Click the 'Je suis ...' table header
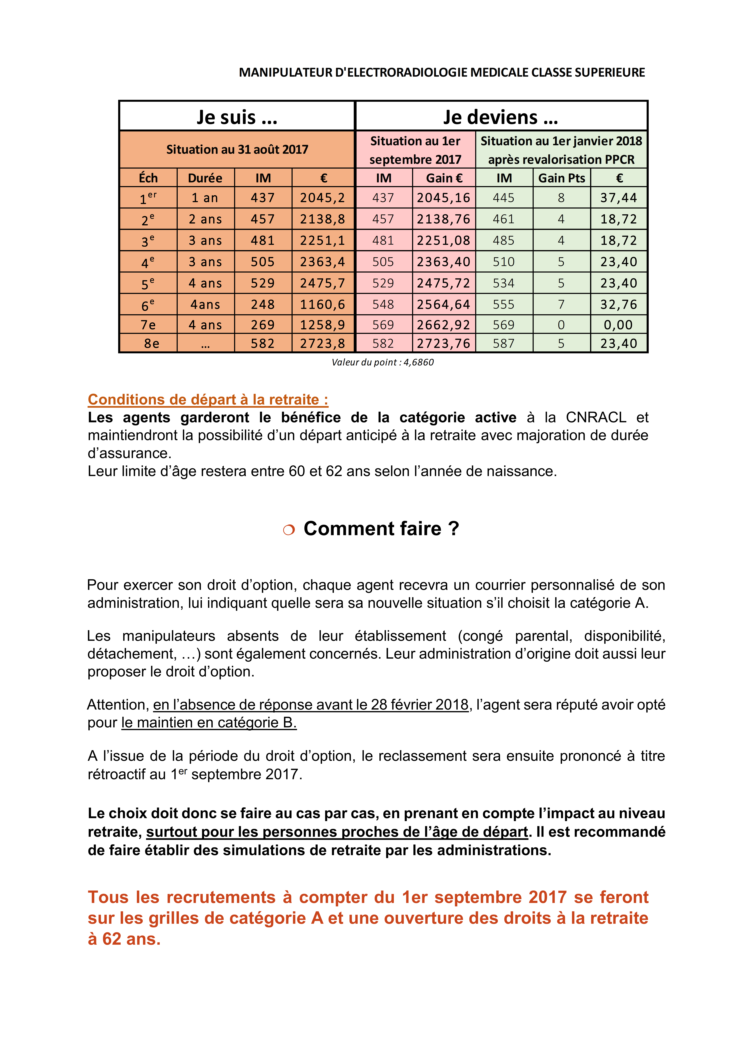click(x=237, y=117)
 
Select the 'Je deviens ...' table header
click(x=501, y=117)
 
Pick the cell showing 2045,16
click(x=444, y=198)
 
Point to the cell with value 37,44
click(x=619, y=198)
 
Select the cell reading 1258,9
click(x=322, y=325)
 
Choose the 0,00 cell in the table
click(x=619, y=325)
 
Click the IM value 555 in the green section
click(x=504, y=304)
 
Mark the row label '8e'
click(x=151, y=344)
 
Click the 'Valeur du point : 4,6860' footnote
click(x=382, y=362)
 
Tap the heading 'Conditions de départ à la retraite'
click(x=208, y=399)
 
